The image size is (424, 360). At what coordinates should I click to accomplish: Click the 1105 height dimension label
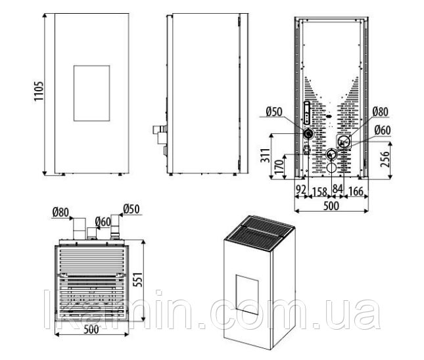pos(39,91)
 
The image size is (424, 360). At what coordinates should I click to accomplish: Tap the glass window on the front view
pos(91,93)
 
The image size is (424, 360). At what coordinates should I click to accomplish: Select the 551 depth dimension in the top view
pos(138,280)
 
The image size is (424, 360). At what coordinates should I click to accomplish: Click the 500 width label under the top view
pos(91,330)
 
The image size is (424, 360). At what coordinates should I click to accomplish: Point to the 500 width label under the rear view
pos(331,206)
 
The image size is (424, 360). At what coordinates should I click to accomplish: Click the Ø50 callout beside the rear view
pos(273,112)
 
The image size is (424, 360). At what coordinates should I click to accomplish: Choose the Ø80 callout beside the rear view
pos(380,112)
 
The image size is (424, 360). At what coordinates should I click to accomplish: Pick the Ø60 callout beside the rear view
pos(383,130)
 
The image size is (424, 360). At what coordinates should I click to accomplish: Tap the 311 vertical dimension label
pos(266,155)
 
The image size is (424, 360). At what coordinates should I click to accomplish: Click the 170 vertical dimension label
pos(279,166)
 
